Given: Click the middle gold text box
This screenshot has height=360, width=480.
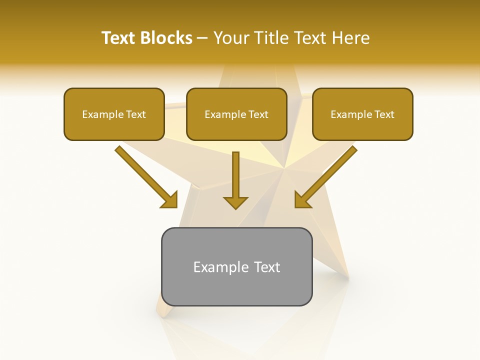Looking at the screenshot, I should pyautogui.click(x=236, y=128).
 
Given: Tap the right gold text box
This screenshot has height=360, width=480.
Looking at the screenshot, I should pyautogui.click(x=362, y=128).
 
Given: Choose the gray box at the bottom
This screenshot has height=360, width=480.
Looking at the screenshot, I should pyautogui.click(x=236, y=290).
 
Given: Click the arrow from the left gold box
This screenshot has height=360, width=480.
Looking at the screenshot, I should pyautogui.click(x=145, y=176).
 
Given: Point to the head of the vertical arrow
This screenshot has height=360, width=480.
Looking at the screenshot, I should pyautogui.click(x=235, y=202).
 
